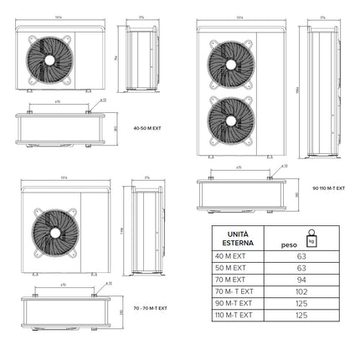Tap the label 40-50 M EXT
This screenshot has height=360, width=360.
click(149, 128)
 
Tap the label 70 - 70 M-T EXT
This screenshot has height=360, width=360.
click(151, 308)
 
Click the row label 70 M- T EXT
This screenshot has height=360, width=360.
click(237, 291)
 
